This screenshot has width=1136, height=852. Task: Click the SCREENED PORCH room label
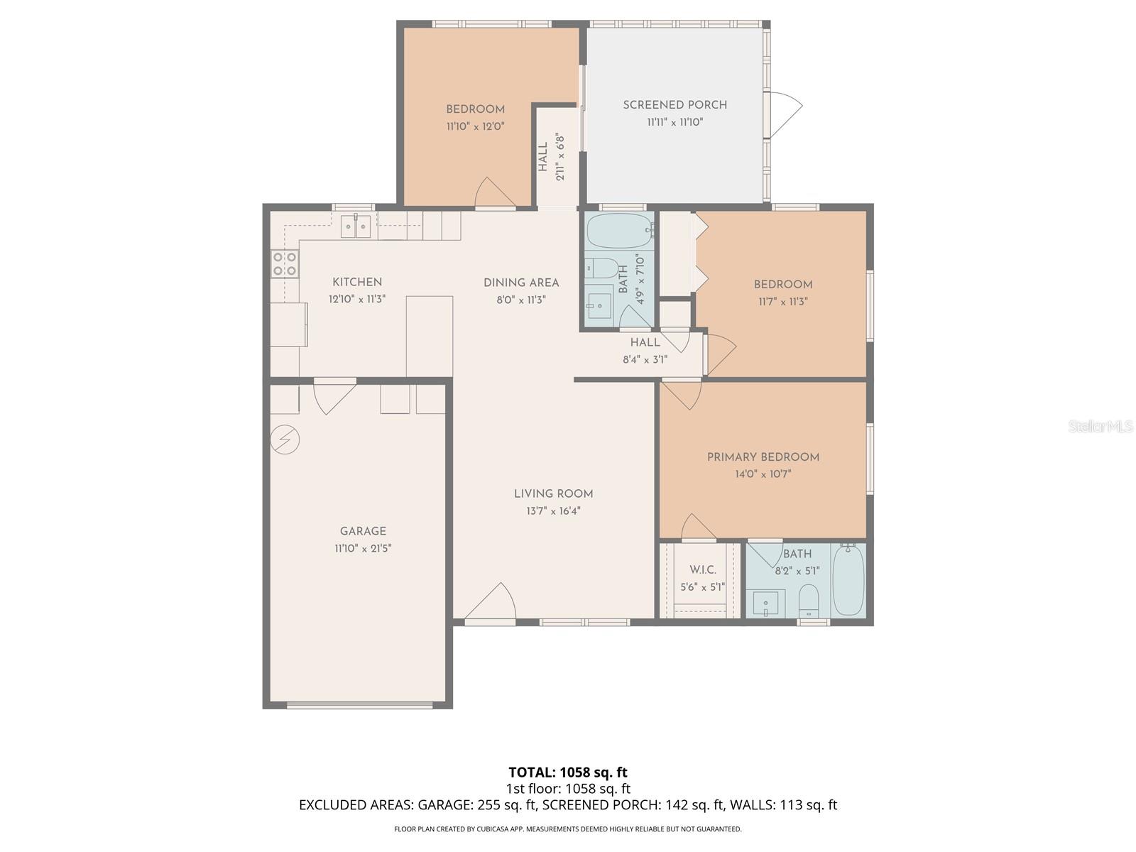coord(674,105)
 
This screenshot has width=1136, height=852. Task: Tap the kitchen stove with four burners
coord(285,263)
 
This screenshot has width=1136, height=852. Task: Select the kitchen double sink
coord(356,226)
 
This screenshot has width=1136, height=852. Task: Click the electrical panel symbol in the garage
coord(285,440)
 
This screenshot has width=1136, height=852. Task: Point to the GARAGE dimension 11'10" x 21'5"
coord(363,548)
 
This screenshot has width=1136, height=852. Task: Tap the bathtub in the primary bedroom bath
coord(848,580)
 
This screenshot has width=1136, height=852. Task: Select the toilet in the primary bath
coord(809,602)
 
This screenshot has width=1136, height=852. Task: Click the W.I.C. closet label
coord(702,570)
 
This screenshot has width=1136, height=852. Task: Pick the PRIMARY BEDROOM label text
coord(763,457)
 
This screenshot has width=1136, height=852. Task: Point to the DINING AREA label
coord(521,283)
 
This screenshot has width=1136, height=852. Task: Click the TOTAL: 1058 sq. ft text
coord(568,772)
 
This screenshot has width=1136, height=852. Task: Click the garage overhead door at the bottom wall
coord(360,705)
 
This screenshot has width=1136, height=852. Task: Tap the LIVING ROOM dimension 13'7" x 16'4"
coord(553,511)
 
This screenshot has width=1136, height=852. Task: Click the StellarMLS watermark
coord(1100,427)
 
